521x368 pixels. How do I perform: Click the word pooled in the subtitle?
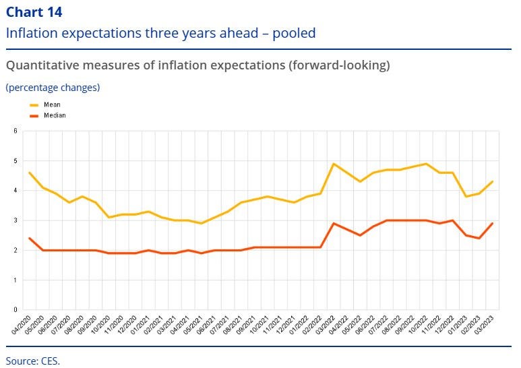tap(290, 33)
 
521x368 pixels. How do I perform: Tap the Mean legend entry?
tap(51, 105)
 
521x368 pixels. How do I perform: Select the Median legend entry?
tap(55, 115)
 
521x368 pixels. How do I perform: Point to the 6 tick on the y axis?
tap(15, 131)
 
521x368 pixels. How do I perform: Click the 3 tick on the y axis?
tap(15, 220)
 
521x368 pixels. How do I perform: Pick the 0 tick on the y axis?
tap(15, 310)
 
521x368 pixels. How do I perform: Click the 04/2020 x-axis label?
tap(22, 324)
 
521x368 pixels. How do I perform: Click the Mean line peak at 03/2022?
tap(334, 164)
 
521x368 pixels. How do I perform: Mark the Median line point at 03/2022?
tap(334, 223)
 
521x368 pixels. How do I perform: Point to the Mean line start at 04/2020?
tap(29, 173)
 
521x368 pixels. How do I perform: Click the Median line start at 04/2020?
tap(29, 238)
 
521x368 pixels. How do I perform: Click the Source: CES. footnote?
tap(33, 360)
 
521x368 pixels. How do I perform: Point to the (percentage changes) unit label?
tap(53, 88)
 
